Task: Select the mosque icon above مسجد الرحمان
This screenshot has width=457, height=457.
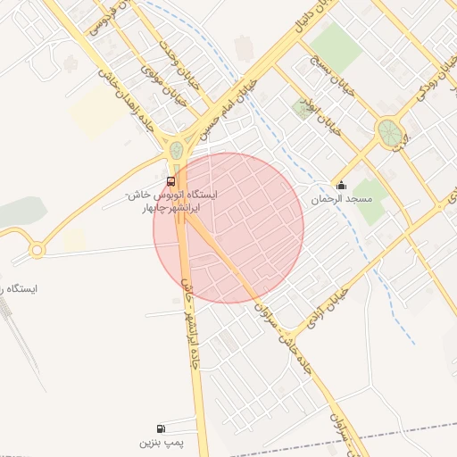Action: tap(340, 186)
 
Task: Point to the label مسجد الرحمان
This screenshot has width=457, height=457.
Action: tap(334, 200)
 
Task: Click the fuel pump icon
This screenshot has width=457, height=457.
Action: tap(161, 428)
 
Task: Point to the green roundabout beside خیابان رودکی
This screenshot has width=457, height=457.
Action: tap(389, 133)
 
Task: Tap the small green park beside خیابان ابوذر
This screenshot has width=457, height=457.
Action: tap(302, 109)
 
